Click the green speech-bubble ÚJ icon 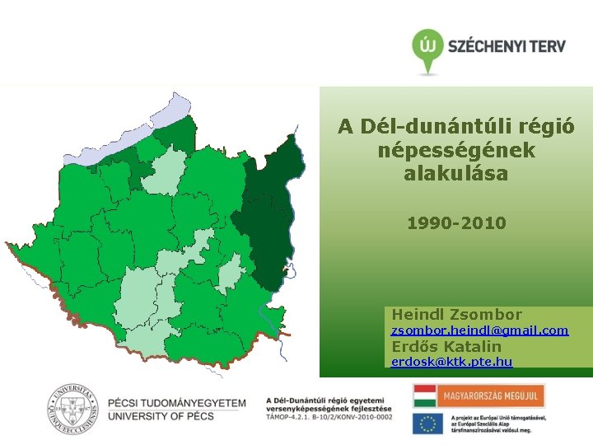[426, 48]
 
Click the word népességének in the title [456, 151]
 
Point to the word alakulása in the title [456, 175]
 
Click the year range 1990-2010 [456, 223]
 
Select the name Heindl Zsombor [456, 314]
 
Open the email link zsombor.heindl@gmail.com [479, 330]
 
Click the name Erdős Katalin [446, 346]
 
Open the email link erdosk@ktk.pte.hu [451, 362]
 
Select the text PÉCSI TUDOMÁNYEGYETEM [177, 403]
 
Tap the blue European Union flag [427, 424]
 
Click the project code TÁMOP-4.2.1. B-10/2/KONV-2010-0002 [329, 418]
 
